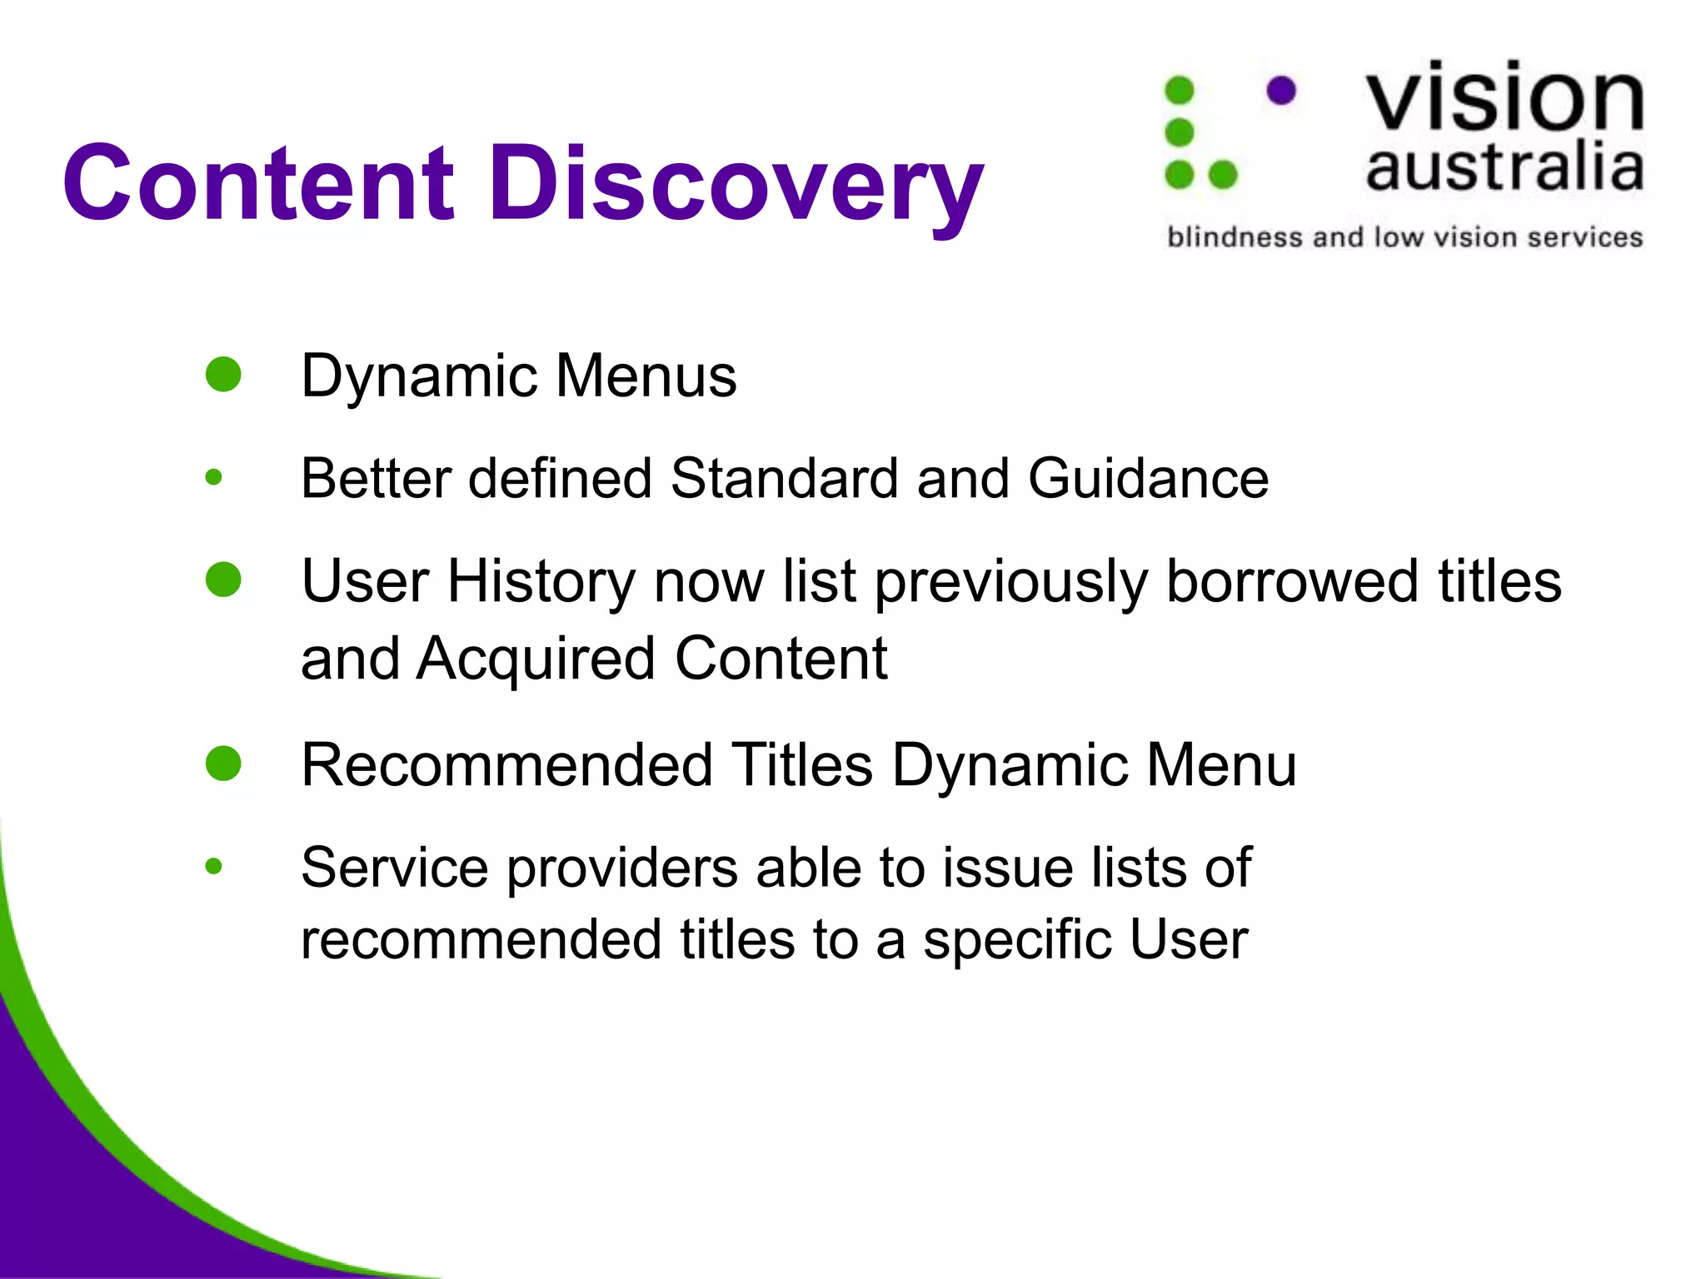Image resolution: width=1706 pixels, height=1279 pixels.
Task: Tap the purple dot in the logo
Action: coord(1281,90)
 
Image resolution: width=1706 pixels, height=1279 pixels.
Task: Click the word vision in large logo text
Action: coord(1504,98)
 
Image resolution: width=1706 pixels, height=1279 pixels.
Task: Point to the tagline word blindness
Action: coord(1235,237)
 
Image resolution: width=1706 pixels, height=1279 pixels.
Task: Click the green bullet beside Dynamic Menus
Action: coord(223,375)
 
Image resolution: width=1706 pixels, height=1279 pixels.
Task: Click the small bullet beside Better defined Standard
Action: coord(214,477)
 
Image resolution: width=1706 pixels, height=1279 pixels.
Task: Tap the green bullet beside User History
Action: coord(223,580)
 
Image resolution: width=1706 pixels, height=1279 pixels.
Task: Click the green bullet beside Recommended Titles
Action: coord(223,764)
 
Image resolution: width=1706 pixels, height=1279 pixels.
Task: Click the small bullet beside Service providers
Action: coord(214,867)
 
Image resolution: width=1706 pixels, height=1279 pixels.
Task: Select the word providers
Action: coord(622,868)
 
